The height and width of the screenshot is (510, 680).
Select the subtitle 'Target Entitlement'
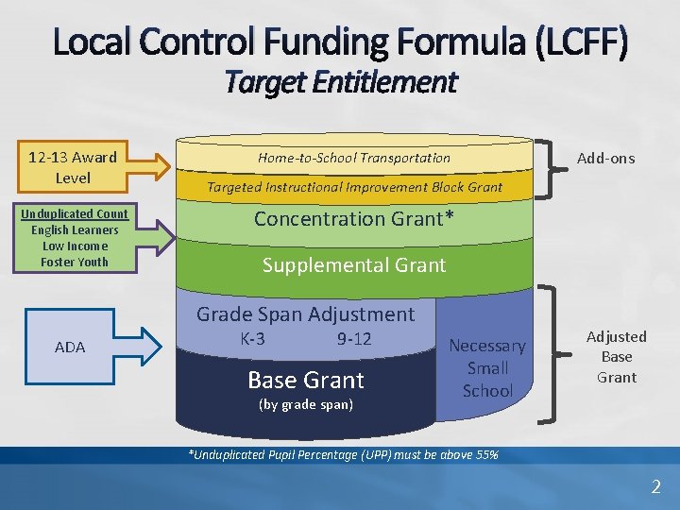point(340,83)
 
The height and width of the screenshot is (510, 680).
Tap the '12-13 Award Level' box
point(73,167)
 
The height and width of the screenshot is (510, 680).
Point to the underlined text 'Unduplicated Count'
point(74,214)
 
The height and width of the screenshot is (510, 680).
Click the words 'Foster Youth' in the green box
point(74,262)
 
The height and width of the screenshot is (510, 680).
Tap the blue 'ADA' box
point(70,348)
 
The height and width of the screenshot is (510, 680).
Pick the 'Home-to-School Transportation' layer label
point(354,158)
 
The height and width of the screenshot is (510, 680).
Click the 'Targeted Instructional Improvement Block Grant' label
point(354,187)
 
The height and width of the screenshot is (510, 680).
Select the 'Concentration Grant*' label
point(354,219)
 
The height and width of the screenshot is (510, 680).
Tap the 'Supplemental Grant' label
point(354,265)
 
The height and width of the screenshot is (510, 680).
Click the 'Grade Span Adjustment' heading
point(305,314)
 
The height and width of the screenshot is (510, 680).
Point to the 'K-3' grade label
point(252,339)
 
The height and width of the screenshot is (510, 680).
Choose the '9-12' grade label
point(354,339)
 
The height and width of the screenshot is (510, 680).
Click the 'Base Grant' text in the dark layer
point(305,380)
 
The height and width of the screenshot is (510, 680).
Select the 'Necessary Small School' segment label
point(487,368)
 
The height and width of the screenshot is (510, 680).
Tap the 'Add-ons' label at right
point(605,158)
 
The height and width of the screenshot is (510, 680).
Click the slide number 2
point(655,487)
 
